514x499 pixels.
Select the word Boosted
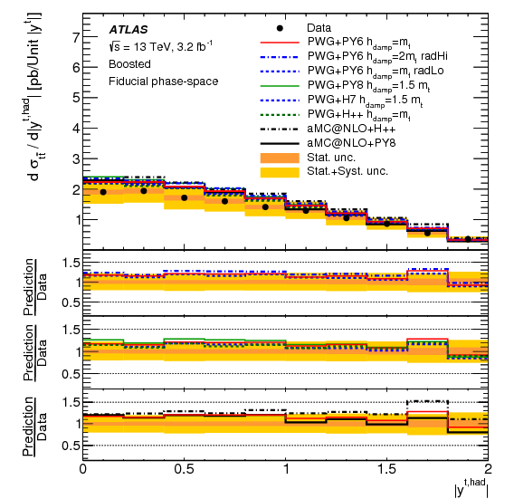pyautogui.click(x=129, y=66)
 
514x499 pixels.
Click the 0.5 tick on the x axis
pyautogui.click(x=184, y=469)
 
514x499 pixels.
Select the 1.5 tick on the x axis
pyautogui.click(x=386, y=469)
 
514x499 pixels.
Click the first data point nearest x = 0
pyautogui.click(x=103, y=192)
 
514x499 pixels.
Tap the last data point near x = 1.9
pyautogui.click(x=468, y=239)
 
